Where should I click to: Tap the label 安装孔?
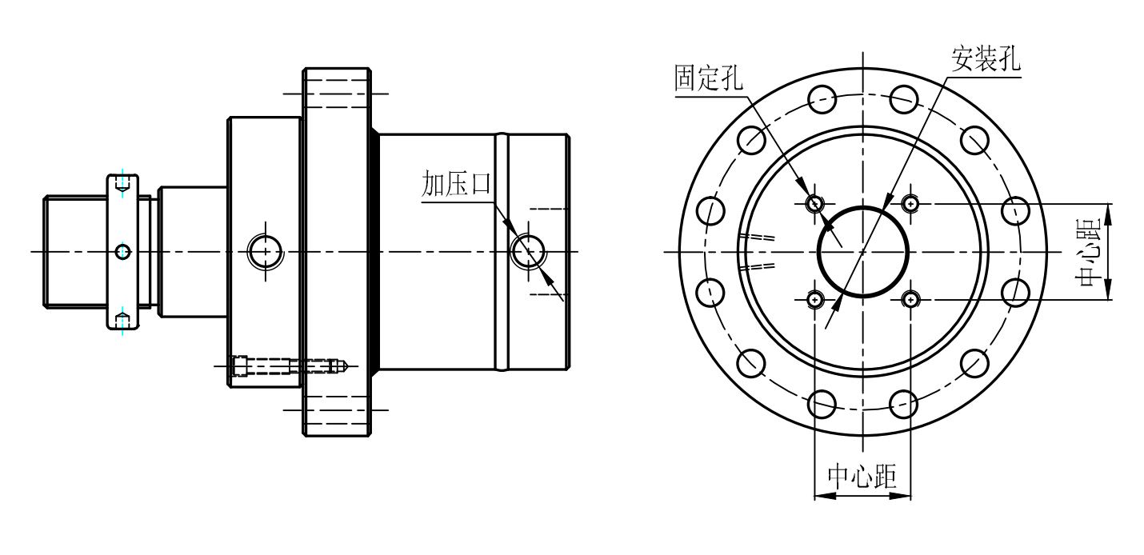(x=986, y=59)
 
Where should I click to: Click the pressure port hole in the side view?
(x=527, y=251)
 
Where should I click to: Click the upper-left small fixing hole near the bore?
(x=814, y=204)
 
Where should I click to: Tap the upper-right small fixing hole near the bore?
(x=910, y=204)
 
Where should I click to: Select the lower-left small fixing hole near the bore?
(x=814, y=299)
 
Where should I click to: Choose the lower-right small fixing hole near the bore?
(x=910, y=299)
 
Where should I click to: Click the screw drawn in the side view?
(x=288, y=366)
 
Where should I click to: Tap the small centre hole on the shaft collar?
(x=122, y=252)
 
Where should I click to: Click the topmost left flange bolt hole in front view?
(x=822, y=100)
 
